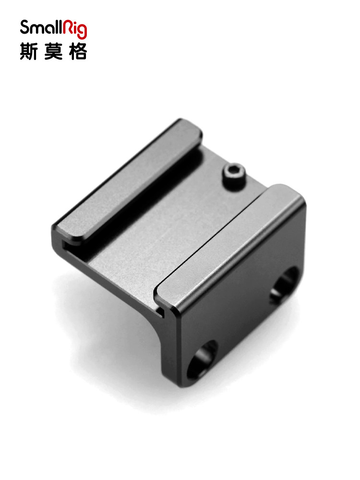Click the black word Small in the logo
(41, 27)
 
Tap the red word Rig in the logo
(75, 29)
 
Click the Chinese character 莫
(53, 51)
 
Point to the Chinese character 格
(78, 51)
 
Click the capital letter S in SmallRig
(24, 27)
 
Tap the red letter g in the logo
(82, 31)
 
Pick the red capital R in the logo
(68, 27)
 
